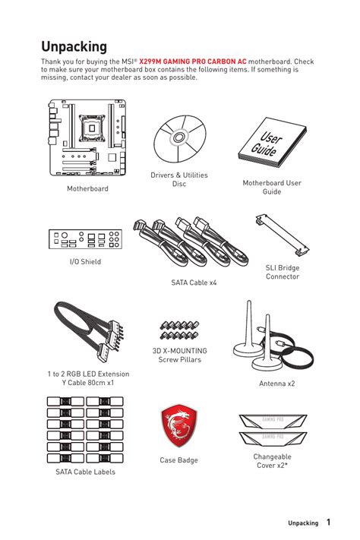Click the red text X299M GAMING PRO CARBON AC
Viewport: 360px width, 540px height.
(193, 62)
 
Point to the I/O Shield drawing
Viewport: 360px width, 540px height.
(84, 240)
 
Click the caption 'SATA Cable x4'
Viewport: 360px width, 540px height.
(194, 283)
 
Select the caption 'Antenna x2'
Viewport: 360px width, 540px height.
(276, 384)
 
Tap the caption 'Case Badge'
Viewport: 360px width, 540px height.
(179, 460)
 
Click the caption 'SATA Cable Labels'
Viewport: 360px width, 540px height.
(85, 472)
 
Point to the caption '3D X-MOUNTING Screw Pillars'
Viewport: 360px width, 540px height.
(180, 355)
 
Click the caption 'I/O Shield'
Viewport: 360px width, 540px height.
(85, 262)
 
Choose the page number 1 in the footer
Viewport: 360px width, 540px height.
(328, 523)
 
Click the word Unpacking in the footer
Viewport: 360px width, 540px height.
(303, 523)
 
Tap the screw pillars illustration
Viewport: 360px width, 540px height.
(179, 329)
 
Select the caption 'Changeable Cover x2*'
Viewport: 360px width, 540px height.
(272, 461)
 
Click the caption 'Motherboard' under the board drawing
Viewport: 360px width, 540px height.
(87, 188)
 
